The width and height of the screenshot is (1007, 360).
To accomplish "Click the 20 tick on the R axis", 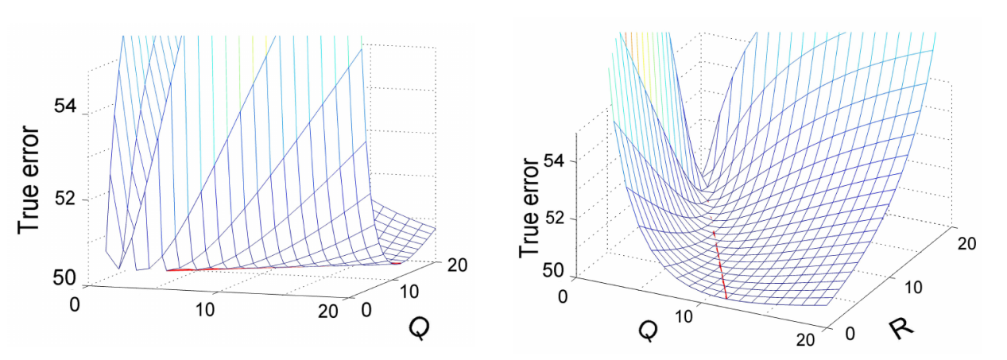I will [x=966, y=244].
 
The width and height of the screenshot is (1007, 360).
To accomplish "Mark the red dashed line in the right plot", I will [x=720, y=265].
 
